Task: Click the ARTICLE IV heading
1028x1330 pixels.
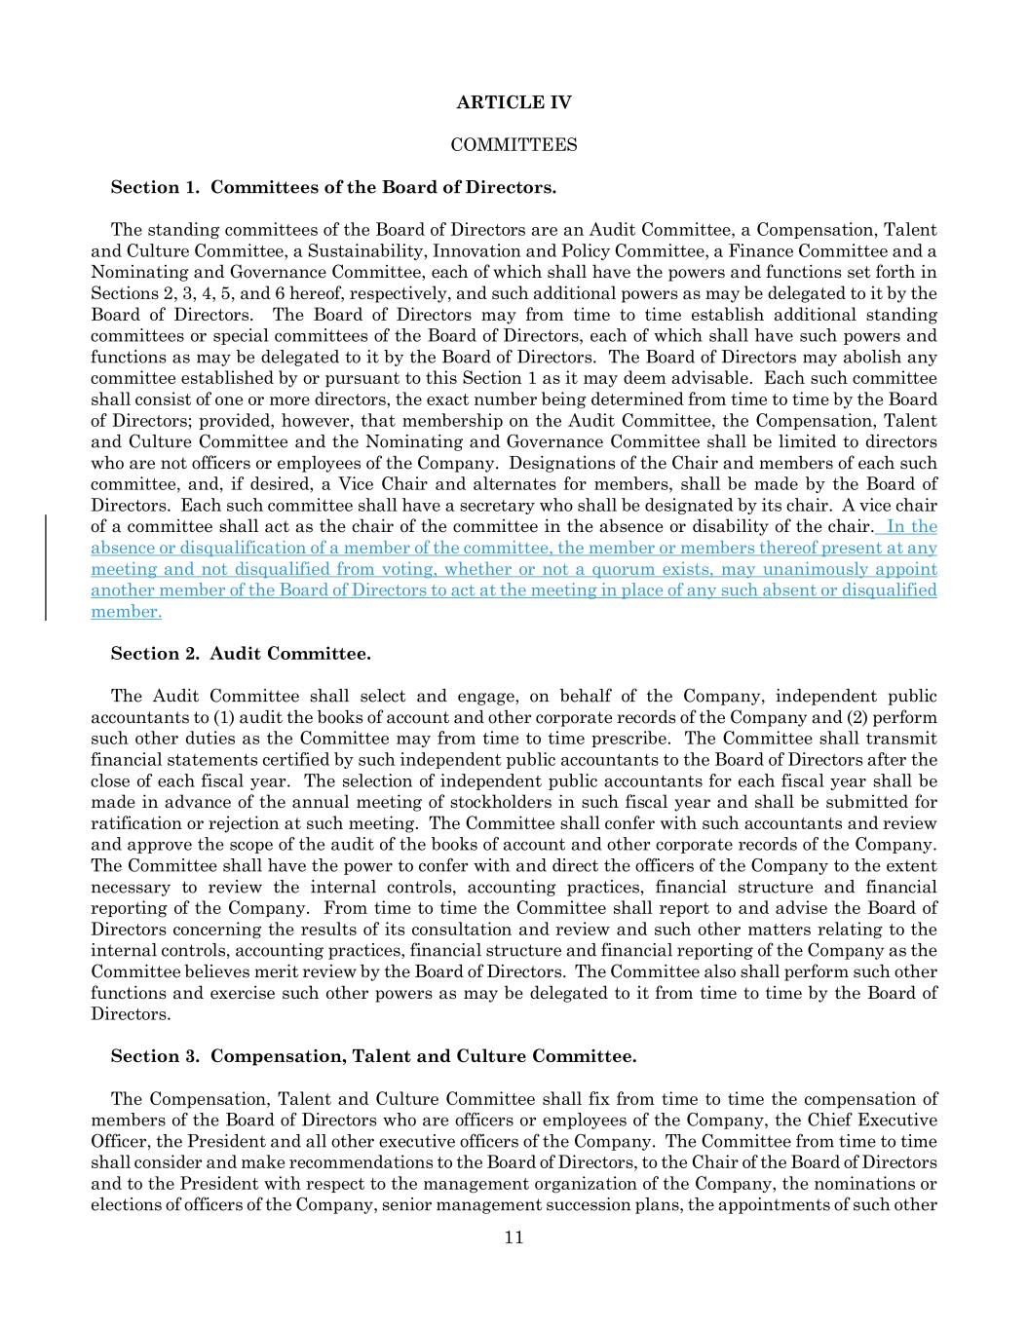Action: pyautogui.click(x=514, y=102)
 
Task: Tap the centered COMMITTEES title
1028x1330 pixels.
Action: pyautogui.click(x=514, y=145)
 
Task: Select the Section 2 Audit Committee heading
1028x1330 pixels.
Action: pyautogui.click(x=241, y=654)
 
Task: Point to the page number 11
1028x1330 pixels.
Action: pyautogui.click(x=514, y=1237)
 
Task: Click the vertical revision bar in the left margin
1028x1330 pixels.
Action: pyautogui.click(x=47, y=568)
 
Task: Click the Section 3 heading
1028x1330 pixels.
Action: pyautogui.click(x=373, y=1056)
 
